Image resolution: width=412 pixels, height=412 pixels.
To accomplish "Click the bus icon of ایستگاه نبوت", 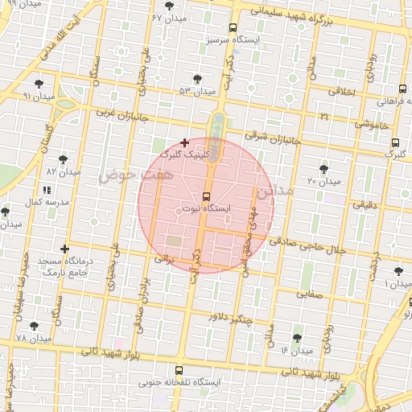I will (x=206, y=196).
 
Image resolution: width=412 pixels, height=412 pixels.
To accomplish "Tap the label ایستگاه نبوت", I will (x=207, y=209).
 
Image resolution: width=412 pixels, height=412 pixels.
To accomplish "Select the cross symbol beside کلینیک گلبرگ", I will (x=185, y=142).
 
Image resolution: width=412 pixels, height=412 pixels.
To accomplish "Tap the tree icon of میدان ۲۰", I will (x=323, y=169).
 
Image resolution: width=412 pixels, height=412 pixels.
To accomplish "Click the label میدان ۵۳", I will (x=198, y=91).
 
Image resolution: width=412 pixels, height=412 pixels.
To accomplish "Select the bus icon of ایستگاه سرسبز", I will (x=233, y=27).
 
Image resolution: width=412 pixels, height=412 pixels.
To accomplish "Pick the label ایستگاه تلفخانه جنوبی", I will (x=192, y=382).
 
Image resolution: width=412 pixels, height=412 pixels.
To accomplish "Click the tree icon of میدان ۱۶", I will (x=299, y=338).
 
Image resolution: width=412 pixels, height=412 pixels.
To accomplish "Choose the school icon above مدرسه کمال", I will (x=46, y=190).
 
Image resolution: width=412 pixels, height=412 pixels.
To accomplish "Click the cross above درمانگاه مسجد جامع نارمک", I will (x=64, y=249).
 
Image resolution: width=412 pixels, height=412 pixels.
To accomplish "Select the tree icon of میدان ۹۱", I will (x=39, y=84).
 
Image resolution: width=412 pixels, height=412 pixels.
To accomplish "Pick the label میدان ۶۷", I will (x=168, y=17).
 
